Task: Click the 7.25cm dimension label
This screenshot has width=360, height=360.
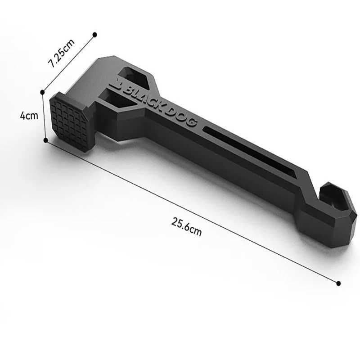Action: (x=62, y=53)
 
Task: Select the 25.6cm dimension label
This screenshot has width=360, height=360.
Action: (x=186, y=226)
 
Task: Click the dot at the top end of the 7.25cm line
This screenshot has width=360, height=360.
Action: (x=94, y=34)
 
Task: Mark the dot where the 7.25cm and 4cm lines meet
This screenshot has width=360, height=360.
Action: (x=42, y=92)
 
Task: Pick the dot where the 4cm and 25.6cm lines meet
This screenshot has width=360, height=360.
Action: (x=45, y=140)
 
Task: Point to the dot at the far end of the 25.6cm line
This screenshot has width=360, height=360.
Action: (x=338, y=283)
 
